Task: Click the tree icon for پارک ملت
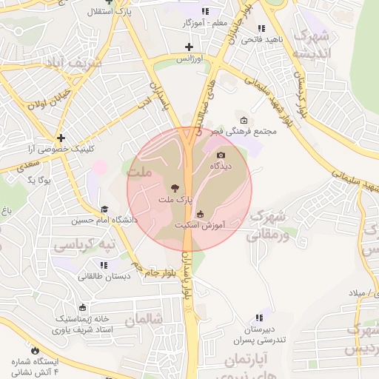(x=175, y=188)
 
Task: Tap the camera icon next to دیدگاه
(x=221, y=155)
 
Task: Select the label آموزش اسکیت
(x=200, y=224)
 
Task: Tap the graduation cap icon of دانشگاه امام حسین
(x=104, y=209)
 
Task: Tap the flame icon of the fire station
(x=34, y=349)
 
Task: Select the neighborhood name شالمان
(x=143, y=320)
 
